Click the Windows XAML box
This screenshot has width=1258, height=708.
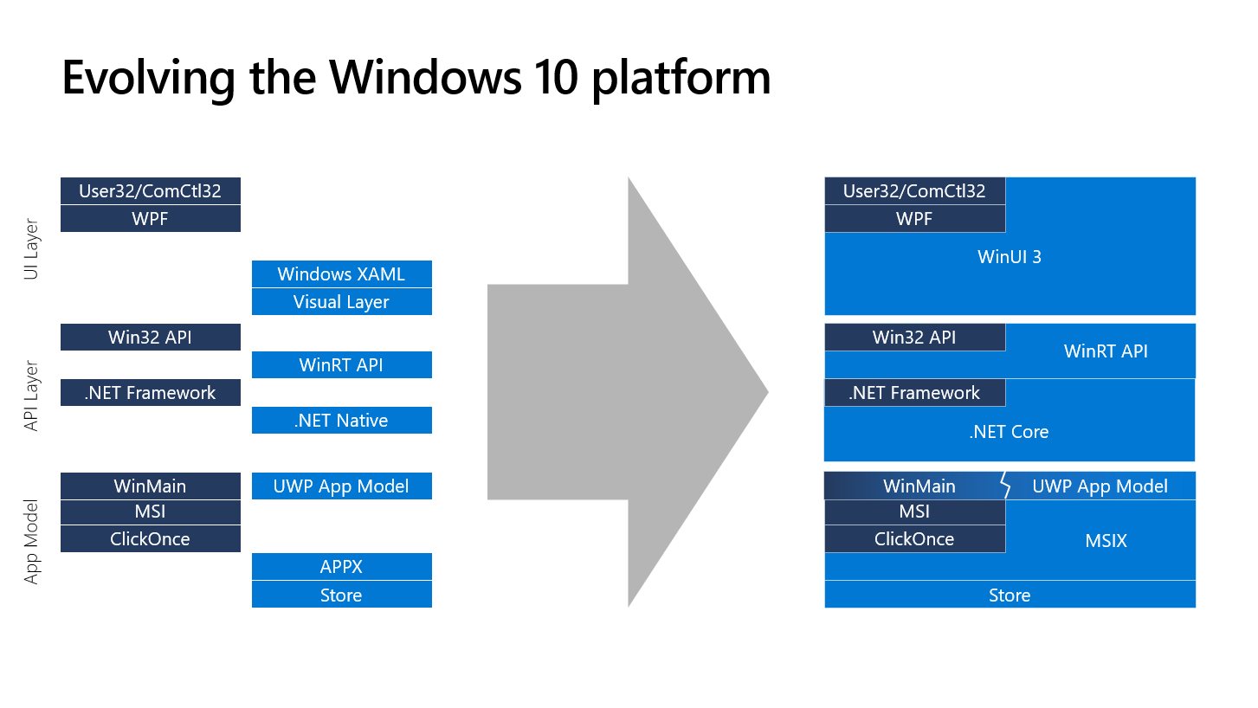(341, 274)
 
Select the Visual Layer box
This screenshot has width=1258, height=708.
(341, 302)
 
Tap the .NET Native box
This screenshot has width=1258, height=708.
(341, 420)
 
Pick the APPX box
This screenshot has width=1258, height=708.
(341, 567)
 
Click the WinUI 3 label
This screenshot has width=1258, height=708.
(1010, 257)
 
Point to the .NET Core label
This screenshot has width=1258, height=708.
(1009, 432)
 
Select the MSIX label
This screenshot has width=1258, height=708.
(1106, 541)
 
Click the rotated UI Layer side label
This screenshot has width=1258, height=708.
(31, 249)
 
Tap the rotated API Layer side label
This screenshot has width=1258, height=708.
(31, 396)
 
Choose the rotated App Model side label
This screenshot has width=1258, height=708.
(31, 542)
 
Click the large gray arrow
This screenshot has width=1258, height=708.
(628, 392)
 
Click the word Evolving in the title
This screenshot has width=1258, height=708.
(148, 79)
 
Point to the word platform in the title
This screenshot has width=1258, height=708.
(681, 80)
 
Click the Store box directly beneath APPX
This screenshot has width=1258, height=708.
(341, 595)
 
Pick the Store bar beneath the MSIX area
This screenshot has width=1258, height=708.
(1010, 595)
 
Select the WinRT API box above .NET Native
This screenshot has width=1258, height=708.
(341, 365)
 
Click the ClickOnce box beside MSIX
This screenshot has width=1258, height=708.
(915, 539)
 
